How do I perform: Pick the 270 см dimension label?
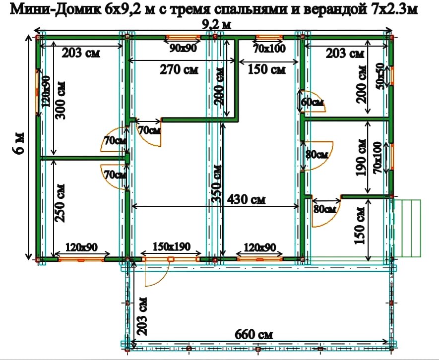point(179,69)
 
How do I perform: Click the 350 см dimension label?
point(216,183)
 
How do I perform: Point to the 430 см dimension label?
point(246,199)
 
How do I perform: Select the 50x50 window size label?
point(380,74)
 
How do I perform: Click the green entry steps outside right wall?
point(407,228)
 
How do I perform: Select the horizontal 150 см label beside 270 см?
point(267,69)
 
